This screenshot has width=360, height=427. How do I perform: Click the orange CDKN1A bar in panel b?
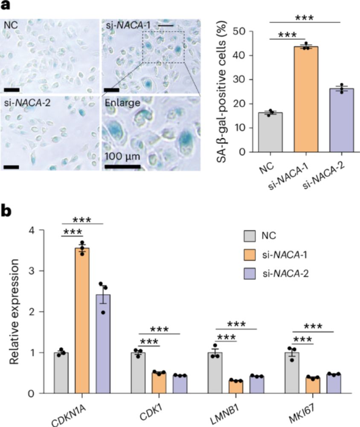pyautogui.click(x=82, y=320)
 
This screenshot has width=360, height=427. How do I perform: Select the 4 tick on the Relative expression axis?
pyautogui.click(x=42, y=230)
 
